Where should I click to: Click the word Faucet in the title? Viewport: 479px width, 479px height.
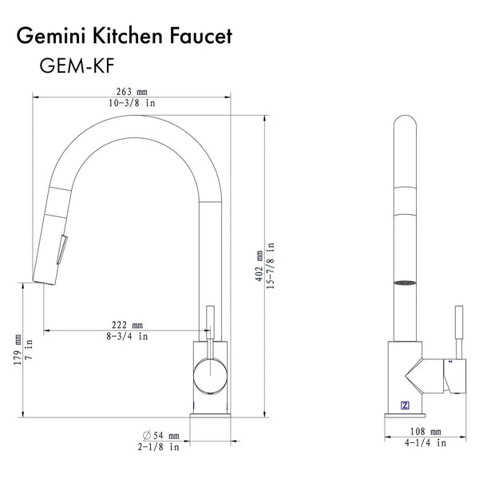(200, 36)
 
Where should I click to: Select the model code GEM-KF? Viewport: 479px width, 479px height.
(77, 65)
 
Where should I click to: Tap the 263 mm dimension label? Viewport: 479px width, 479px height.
(132, 92)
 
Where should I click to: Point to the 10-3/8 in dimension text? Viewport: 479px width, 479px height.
(132, 103)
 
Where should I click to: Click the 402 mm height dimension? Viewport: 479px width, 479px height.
(259, 266)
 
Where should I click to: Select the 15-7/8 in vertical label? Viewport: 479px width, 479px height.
(271, 266)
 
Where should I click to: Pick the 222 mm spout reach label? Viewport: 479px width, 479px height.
(127, 325)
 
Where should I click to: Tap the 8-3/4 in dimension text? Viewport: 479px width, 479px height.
(127, 336)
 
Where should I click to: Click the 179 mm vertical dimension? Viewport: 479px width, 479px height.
(18, 350)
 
